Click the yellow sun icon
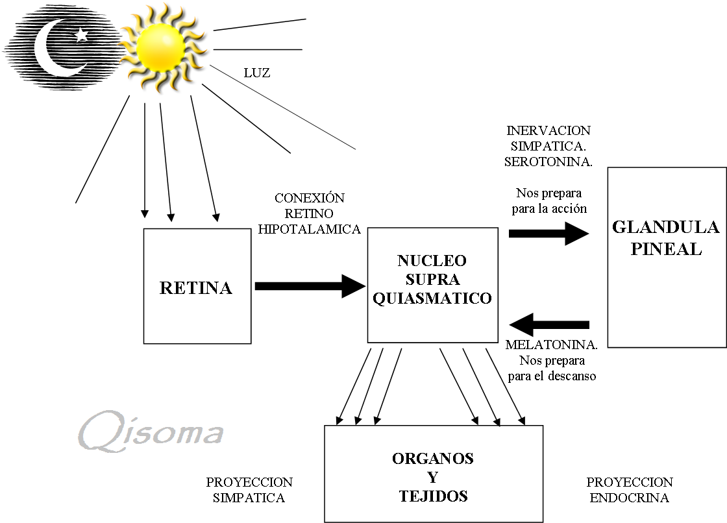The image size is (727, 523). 164,47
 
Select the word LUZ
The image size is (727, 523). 256,73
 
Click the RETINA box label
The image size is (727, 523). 195,288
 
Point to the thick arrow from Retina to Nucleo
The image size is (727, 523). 309,286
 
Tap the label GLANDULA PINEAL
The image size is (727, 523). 666,238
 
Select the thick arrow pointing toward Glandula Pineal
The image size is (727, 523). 548,233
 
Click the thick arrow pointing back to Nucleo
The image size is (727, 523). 549,324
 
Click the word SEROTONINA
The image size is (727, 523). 548,162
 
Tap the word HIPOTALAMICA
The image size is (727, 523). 309,229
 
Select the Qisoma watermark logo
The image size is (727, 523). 151,432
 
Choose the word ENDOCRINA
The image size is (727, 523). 630,498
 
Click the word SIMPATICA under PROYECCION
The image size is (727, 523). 249,498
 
